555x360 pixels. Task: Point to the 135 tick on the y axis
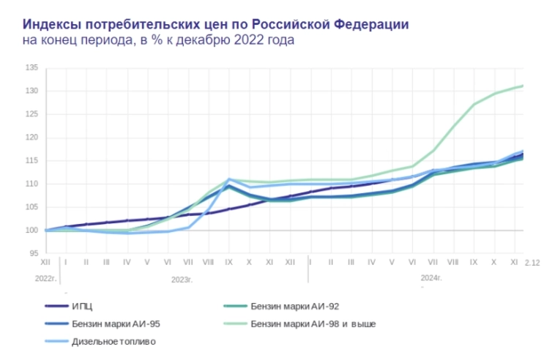(x=31, y=68)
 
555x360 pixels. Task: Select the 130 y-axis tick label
(x=31, y=91)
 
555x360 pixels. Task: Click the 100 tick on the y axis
(x=31, y=230)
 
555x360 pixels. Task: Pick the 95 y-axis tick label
(x=34, y=253)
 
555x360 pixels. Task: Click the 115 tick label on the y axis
(x=31, y=161)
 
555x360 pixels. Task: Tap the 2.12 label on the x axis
(x=532, y=263)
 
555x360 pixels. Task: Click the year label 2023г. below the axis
(x=182, y=279)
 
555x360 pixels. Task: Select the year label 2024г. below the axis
(x=431, y=278)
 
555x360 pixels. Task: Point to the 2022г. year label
(x=45, y=279)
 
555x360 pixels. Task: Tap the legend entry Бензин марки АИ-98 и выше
(x=313, y=324)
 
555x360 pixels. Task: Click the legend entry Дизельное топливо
(x=113, y=341)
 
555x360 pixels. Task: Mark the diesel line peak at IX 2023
(x=229, y=179)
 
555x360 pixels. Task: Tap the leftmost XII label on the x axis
(x=45, y=262)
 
